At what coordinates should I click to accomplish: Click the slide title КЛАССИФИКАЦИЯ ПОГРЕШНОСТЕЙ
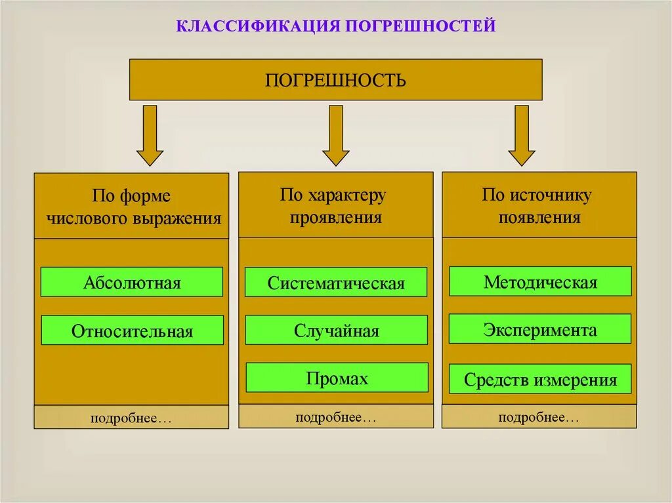(335, 27)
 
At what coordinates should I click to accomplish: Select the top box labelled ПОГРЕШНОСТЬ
(335, 80)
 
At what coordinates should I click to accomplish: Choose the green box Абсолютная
(132, 282)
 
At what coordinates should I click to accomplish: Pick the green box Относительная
(132, 331)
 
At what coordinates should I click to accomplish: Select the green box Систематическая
(336, 283)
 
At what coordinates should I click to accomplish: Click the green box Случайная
(336, 331)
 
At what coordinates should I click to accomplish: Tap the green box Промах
(337, 378)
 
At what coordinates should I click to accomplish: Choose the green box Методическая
(540, 281)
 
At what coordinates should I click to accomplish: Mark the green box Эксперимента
(540, 329)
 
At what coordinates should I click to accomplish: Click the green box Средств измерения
(540, 379)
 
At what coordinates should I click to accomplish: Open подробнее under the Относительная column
(131, 418)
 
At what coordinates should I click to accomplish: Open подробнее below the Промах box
(336, 417)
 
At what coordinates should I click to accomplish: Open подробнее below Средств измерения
(539, 417)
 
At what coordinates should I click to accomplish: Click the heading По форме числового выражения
(132, 207)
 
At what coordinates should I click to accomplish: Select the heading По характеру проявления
(335, 205)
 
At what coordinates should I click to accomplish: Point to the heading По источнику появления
(539, 205)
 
